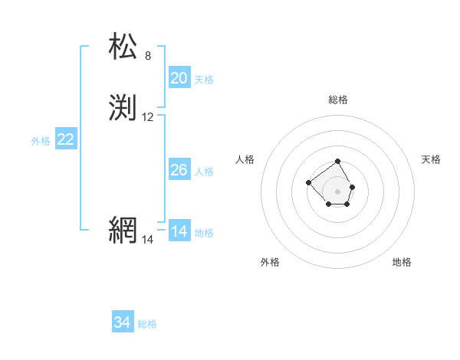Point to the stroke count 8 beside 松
(x=148, y=56)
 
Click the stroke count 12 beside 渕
(x=148, y=117)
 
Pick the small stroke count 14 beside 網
(x=148, y=240)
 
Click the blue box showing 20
(x=179, y=78)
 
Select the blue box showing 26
(x=179, y=170)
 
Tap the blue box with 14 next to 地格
(x=179, y=231)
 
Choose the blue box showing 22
(x=66, y=139)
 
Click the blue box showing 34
(x=123, y=322)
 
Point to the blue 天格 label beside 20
(x=204, y=80)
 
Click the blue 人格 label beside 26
(x=204, y=172)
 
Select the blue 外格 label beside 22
(x=41, y=141)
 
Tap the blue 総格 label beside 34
(x=147, y=324)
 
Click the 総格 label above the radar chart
(x=338, y=100)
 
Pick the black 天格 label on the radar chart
(x=431, y=159)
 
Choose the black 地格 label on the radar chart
(x=402, y=262)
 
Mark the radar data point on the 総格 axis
(x=338, y=162)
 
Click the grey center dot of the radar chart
(x=338, y=191)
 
